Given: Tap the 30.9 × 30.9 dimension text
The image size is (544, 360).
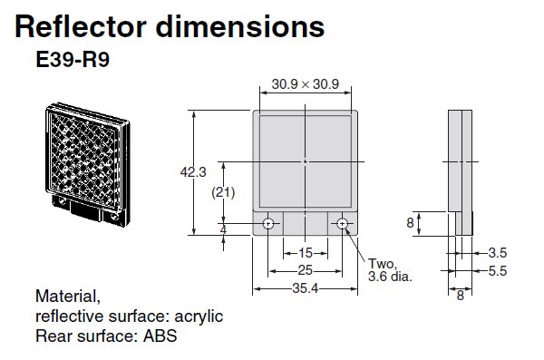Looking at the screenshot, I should pos(306,84).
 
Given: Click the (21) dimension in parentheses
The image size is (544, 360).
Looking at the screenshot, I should pos(224,192).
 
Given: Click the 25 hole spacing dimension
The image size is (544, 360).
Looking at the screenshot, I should pos(306,271).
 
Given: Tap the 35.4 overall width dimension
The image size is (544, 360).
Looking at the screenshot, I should pos(306,288).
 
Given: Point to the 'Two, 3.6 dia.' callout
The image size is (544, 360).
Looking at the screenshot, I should pos(390,269).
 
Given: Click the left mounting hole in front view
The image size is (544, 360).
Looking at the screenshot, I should pos(269,224).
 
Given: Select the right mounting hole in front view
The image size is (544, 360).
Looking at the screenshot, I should pos(342,224).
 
